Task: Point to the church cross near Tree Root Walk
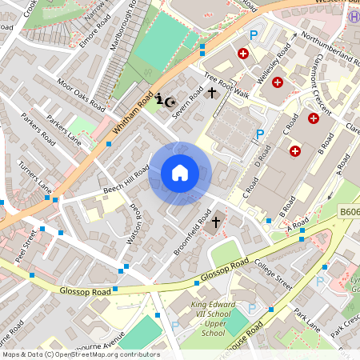coord(212,94)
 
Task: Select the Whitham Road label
coord(132,114)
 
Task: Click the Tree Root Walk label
coord(226,87)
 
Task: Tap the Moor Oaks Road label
coord(81,94)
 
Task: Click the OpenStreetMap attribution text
coord(80,354)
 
